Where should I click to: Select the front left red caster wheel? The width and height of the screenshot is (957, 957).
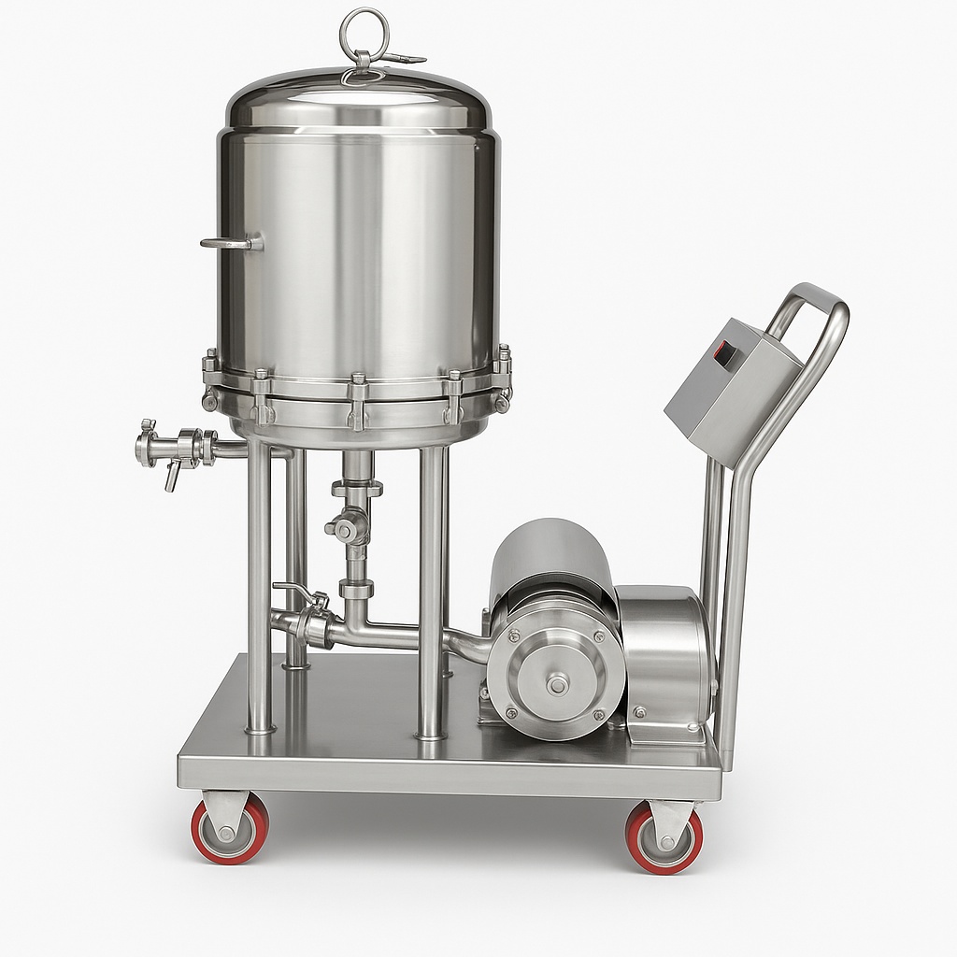tap(230, 829)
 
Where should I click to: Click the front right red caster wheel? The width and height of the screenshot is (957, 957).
tap(664, 837)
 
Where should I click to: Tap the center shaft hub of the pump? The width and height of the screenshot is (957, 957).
tap(558, 685)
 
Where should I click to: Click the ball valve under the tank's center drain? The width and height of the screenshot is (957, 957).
tap(350, 529)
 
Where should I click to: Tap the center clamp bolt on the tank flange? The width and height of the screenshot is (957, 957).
tap(357, 402)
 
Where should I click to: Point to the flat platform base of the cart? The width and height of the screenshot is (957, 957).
tap(449, 757)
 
